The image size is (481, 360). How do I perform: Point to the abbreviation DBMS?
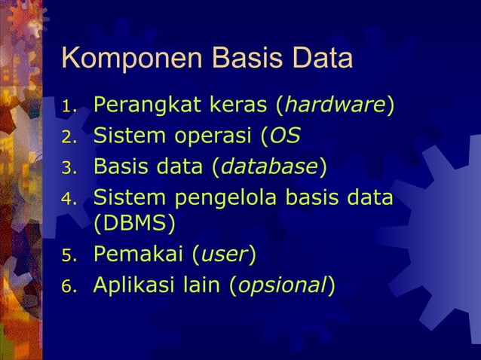click(x=134, y=224)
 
